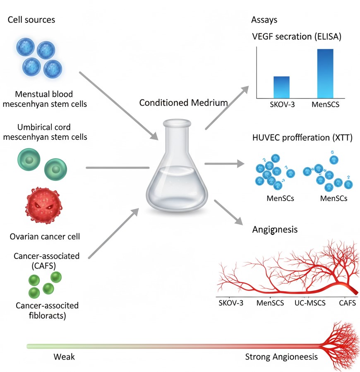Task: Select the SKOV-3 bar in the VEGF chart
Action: (x=281, y=87)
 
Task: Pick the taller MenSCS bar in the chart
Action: (x=325, y=73)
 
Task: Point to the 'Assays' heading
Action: (x=264, y=20)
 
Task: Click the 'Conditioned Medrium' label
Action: (x=183, y=103)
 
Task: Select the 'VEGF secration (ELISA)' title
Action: (x=297, y=36)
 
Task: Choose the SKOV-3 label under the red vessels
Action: (x=231, y=303)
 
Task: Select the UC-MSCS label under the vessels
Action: (x=310, y=303)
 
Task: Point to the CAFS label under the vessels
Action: (x=347, y=303)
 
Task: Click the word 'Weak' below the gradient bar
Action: (x=64, y=356)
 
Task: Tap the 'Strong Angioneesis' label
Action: (x=281, y=356)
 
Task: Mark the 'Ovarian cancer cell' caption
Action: (x=45, y=237)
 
